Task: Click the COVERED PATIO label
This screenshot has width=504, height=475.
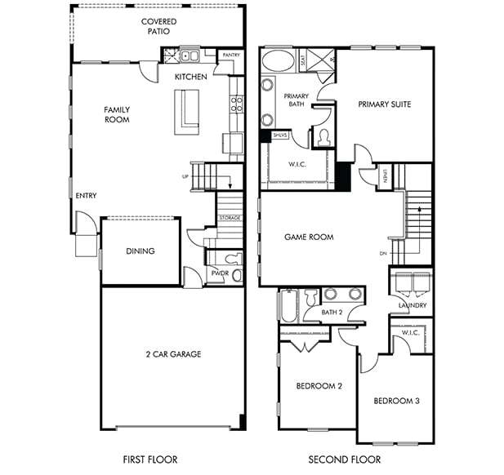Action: pyautogui.click(x=158, y=26)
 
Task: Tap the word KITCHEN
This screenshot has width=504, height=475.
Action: pyautogui.click(x=190, y=78)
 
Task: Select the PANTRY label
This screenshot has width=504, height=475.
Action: pyautogui.click(x=231, y=55)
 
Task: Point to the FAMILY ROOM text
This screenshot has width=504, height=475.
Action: pyautogui.click(x=117, y=114)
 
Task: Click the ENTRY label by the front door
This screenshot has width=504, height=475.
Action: pyautogui.click(x=86, y=196)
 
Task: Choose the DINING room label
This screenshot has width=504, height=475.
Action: pyautogui.click(x=140, y=251)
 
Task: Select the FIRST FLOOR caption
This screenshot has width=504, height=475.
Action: pyautogui.click(x=150, y=459)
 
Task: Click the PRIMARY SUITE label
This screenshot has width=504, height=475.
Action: pyautogui.click(x=384, y=104)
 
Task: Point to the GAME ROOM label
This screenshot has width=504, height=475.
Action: pyautogui.click(x=309, y=237)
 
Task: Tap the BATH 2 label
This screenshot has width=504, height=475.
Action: pyautogui.click(x=332, y=313)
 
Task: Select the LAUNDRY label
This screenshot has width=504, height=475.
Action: pyautogui.click(x=413, y=305)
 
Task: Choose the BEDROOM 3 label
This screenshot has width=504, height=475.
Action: pyautogui.click(x=397, y=401)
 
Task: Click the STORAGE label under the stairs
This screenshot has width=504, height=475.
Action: pyautogui.click(x=230, y=218)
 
